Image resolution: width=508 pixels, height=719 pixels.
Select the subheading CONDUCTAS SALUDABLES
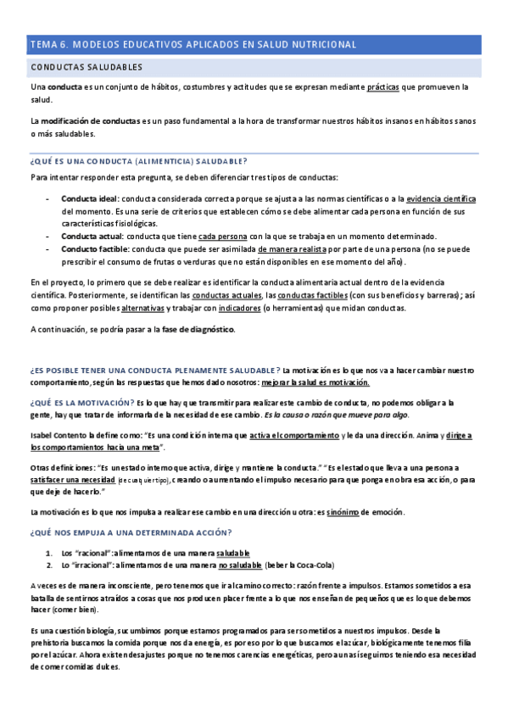pos(86,66)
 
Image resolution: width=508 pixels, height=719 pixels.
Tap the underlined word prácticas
pos(383,87)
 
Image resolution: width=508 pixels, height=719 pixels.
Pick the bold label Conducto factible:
pos(94,249)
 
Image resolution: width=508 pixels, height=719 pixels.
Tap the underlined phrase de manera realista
pos(293,249)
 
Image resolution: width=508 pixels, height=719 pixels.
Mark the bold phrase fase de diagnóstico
pos(199,329)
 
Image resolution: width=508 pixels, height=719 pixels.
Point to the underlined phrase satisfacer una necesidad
pos(72,479)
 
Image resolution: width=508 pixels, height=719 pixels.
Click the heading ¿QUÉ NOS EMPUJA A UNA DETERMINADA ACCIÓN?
pos(131,532)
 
